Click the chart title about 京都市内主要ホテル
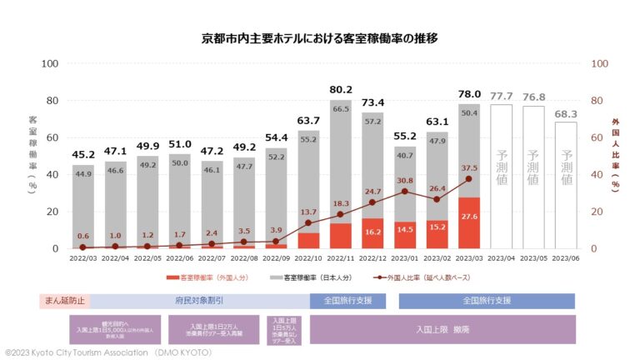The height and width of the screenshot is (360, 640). pyautogui.click(x=320, y=38)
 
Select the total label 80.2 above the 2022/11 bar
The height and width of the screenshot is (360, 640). pyautogui.click(x=341, y=89)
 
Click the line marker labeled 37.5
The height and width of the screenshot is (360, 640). pyautogui.click(x=469, y=179)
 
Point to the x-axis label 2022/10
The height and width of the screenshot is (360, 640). pyautogui.click(x=309, y=258)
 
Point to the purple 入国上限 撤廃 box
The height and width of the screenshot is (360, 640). pyautogui.click(x=442, y=329)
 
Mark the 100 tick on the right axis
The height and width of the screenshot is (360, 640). pyautogui.click(x=599, y=63)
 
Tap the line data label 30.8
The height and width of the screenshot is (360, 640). pyautogui.click(x=405, y=180)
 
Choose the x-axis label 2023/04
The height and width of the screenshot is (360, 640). pyautogui.click(x=502, y=258)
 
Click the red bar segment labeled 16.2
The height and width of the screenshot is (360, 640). pyautogui.click(x=373, y=233)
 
